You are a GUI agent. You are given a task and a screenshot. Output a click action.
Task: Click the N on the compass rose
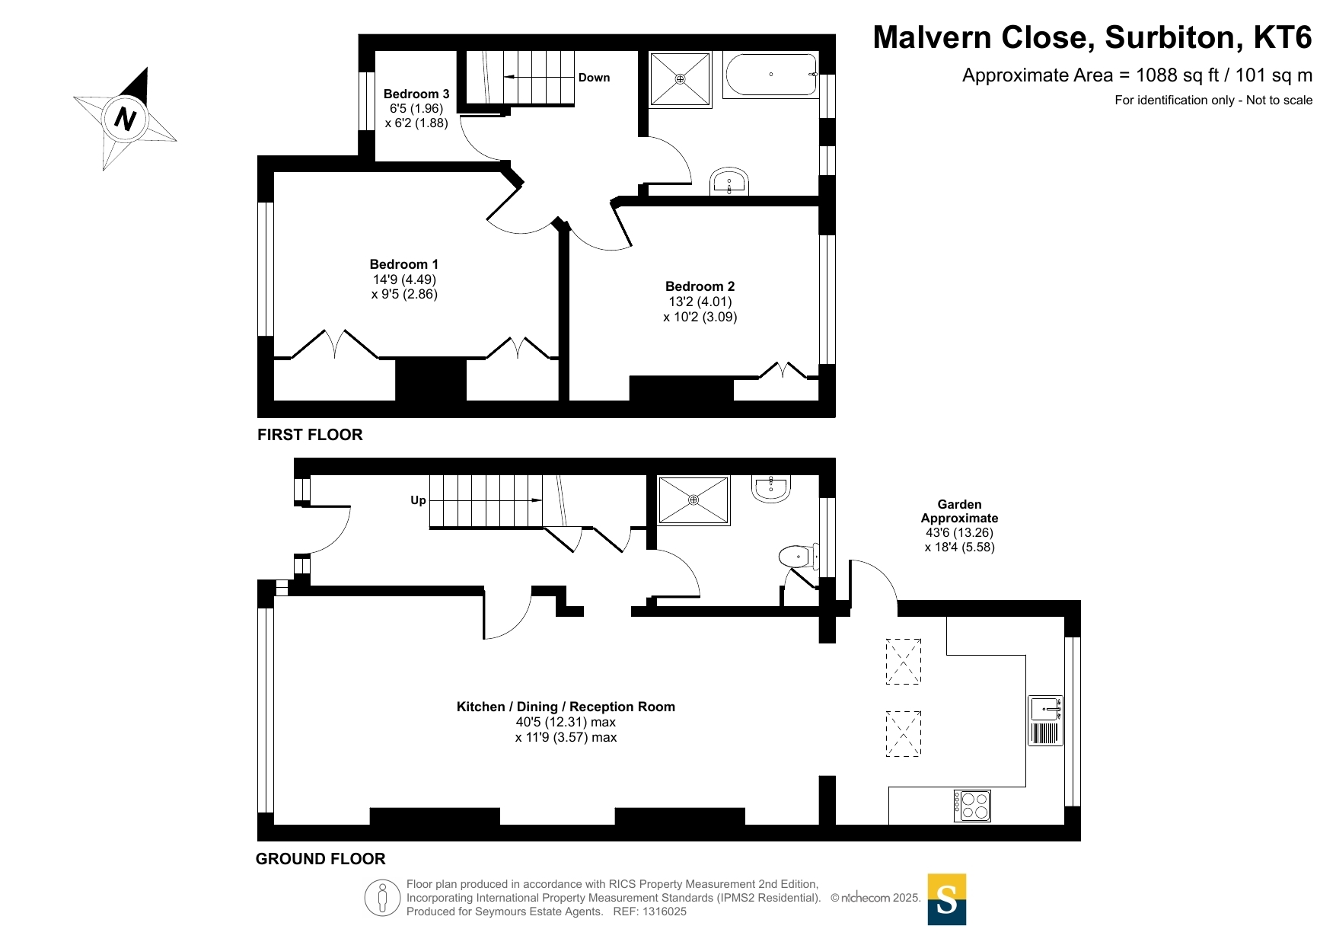click(125, 119)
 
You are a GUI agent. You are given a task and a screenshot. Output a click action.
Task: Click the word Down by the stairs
click(594, 78)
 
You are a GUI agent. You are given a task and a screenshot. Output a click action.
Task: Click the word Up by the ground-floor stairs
click(418, 500)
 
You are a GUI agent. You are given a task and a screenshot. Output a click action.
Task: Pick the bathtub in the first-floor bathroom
click(771, 74)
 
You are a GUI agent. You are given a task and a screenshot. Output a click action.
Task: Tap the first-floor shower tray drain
click(681, 79)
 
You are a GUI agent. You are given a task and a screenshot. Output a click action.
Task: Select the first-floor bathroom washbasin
click(729, 181)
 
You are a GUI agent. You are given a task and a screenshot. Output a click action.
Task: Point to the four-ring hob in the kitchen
click(973, 806)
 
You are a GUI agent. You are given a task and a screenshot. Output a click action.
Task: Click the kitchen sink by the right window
click(1045, 720)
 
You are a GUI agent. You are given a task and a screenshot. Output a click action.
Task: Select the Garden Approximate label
click(959, 511)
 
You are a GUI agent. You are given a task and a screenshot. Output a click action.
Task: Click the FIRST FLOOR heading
click(310, 435)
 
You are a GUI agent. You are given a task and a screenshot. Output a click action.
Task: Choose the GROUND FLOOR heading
click(320, 859)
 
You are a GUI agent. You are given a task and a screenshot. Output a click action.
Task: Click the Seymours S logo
click(947, 899)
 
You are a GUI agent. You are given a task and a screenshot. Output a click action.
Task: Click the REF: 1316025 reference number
click(650, 911)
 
